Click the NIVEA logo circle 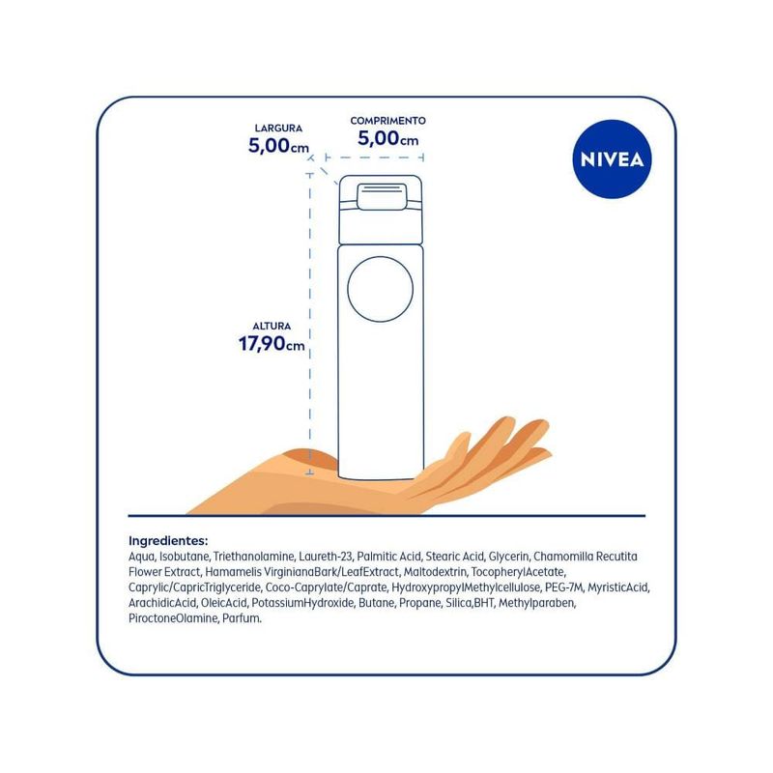(x=612, y=159)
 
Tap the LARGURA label (x=278, y=129)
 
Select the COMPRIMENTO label (x=388, y=121)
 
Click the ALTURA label (x=272, y=327)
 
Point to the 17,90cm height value (x=272, y=344)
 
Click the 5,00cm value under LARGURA (x=278, y=146)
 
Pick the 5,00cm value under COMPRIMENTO (x=388, y=138)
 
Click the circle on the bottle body (x=380, y=289)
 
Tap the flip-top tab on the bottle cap (x=382, y=197)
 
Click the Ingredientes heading (x=168, y=541)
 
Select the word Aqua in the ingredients (x=141, y=557)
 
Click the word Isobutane (x=185, y=557)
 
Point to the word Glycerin (x=509, y=557)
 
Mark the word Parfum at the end (x=242, y=618)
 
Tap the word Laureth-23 (x=326, y=557)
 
